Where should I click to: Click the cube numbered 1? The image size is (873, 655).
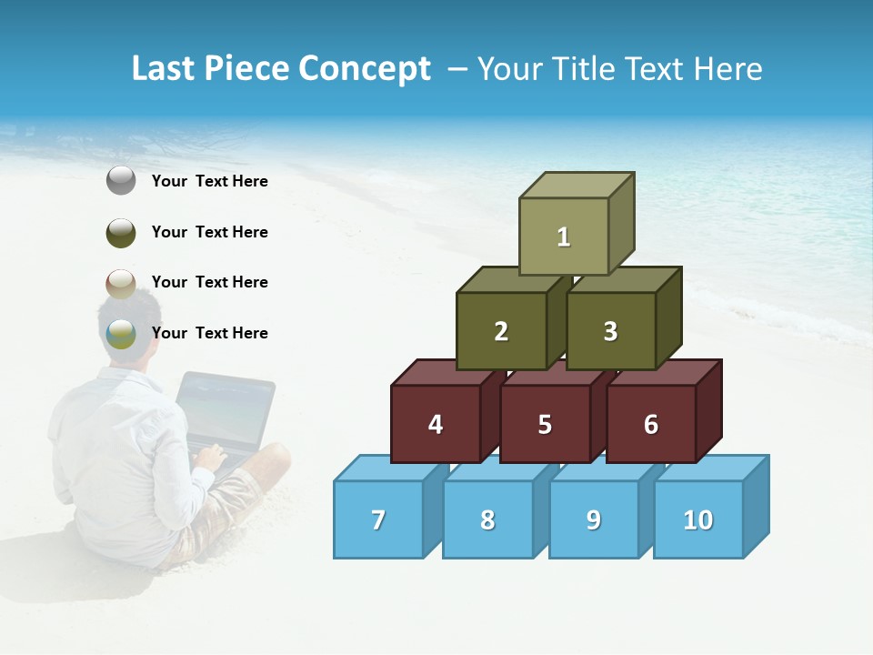(x=563, y=237)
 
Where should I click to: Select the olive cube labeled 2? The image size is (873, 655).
(x=501, y=331)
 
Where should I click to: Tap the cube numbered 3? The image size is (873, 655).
(x=610, y=331)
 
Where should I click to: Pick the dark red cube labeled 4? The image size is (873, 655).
(x=436, y=424)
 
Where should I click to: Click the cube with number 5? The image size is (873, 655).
(x=545, y=424)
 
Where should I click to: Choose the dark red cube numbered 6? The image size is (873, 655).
(x=650, y=424)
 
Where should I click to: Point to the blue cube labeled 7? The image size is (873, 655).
(x=378, y=519)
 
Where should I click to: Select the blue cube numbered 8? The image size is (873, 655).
(x=487, y=519)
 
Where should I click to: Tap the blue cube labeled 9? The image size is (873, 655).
(x=593, y=519)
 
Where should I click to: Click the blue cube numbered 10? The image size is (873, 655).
(x=697, y=519)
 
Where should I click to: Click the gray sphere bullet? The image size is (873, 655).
(x=121, y=181)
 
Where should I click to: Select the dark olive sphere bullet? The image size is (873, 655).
(x=121, y=232)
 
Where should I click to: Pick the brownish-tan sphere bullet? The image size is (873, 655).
(x=121, y=283)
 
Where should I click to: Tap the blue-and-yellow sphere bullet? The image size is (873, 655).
(x=121, y=334)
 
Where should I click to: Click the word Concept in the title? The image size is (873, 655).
(x=364, y=68)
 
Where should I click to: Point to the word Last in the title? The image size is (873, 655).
(x=165, y=68)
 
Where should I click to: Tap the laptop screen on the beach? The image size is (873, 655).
(x=224, y=409)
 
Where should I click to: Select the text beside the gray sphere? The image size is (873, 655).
(x=210, y=181)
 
